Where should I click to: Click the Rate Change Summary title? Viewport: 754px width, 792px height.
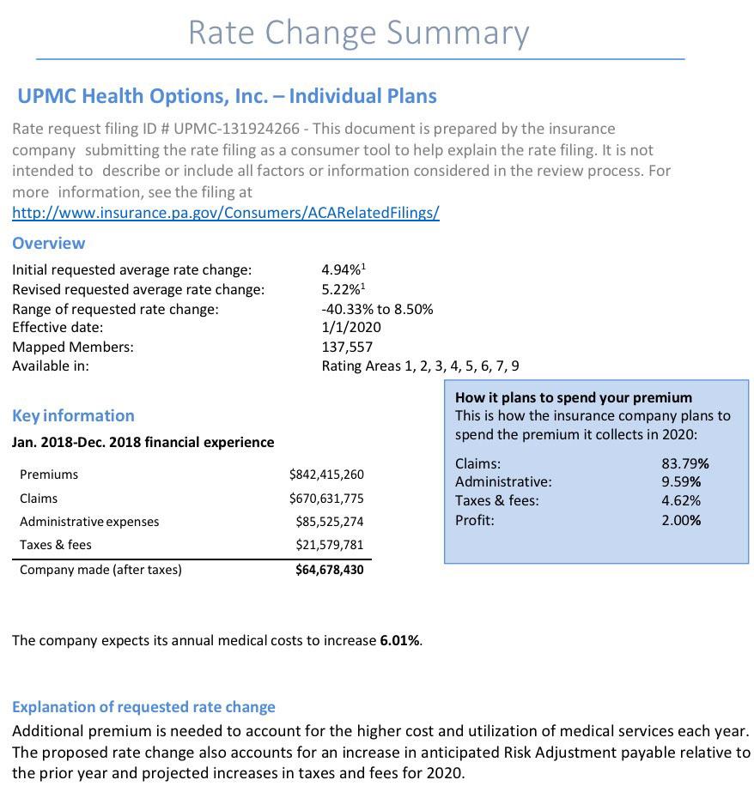click(x=358, y=33)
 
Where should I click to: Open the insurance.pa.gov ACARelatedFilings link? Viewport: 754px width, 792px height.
click(x=226, y=212)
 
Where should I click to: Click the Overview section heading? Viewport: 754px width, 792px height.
click(x=48, y=244)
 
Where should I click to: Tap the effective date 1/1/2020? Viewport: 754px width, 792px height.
click(x=351, y=327)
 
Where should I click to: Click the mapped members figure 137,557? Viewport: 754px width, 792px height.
click(x=347, y=347)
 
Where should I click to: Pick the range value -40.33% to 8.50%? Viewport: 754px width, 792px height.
click(x=377, y=309)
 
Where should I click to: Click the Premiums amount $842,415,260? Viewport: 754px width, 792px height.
click(x=326, y=475)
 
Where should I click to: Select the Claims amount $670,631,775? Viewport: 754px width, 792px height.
click(x=326, y=499)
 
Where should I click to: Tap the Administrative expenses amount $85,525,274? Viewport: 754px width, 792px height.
click(x=330, y=522)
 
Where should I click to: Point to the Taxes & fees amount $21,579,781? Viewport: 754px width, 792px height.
click(x=330, y=545)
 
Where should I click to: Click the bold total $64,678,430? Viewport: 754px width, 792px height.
click(x=330, y=570)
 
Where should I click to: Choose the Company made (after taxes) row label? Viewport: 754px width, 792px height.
click(x=100, y=570)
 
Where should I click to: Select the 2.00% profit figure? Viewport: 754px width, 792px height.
click(x=681, y=520)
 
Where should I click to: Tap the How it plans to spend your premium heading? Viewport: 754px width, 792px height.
click(x=573, y=397)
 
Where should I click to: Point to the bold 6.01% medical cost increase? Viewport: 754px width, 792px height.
click(x=399, y=641)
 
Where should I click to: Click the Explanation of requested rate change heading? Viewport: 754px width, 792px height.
click(x=143, y=707)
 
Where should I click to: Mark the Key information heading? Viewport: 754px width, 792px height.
click(x=73, y=416)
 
